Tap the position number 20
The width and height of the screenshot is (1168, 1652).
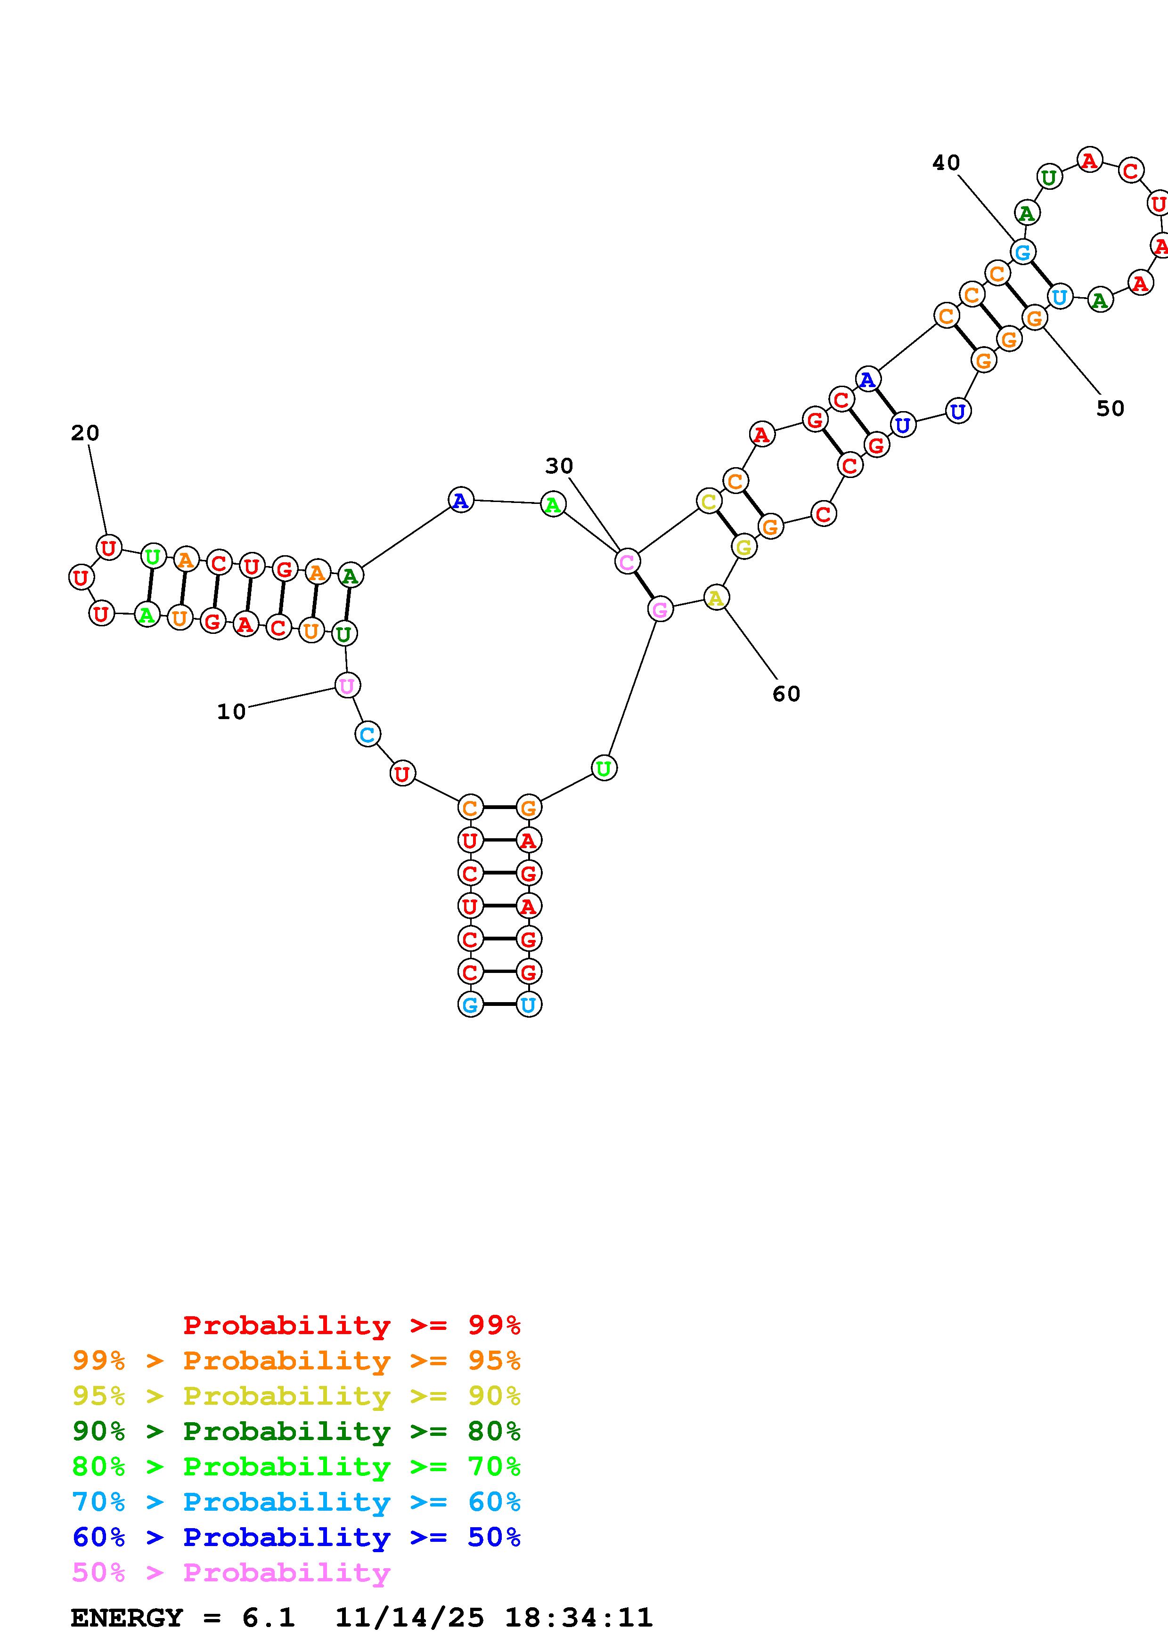coord(85,433)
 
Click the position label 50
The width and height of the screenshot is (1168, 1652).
coord(1110,409)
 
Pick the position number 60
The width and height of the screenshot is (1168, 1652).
coord(786,694)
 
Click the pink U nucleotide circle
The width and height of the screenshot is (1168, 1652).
coord(347,686)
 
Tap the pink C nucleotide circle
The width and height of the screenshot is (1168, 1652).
coord(627,561)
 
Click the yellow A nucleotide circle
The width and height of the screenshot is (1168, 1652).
coord(715,598)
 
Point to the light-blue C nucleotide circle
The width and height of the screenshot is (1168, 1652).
coord(367,735)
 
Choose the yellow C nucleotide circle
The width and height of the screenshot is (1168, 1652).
coord(709,502)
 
